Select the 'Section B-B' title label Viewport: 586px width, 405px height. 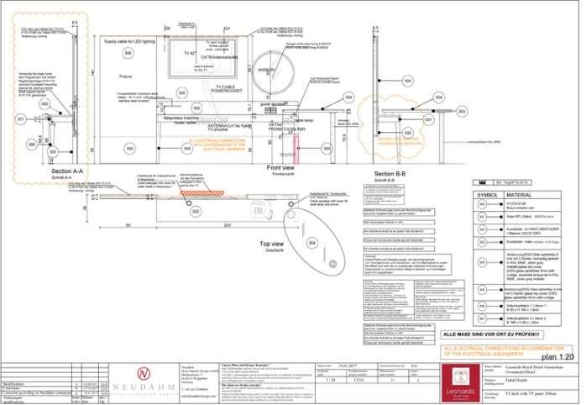390,173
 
